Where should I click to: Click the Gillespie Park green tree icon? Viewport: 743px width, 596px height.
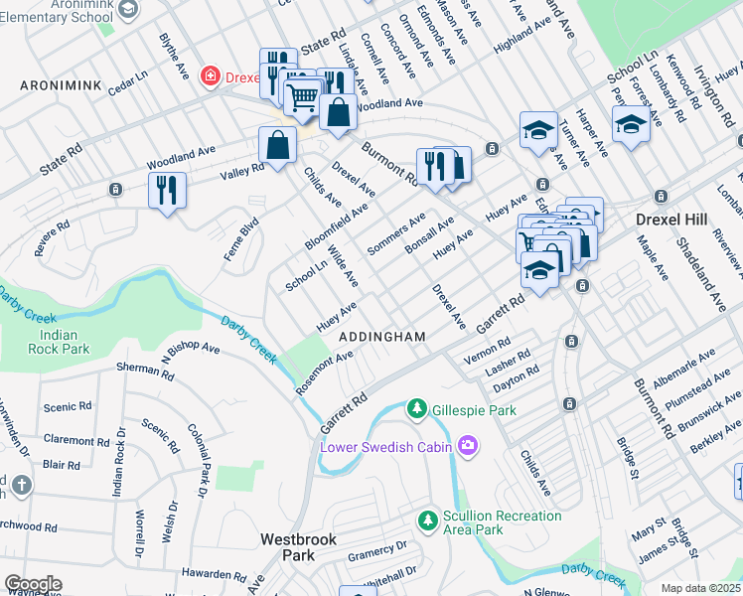(x=417, y=409)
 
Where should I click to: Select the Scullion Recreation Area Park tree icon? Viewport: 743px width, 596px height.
(x=427, y=521)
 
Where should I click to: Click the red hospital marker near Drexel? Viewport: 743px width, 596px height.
(x=210, y=75)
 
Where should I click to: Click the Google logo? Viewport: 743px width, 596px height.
(x=33, y=583)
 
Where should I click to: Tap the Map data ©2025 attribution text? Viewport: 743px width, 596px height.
(x=700, y=588)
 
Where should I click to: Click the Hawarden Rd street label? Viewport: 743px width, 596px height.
(x=214, y=575)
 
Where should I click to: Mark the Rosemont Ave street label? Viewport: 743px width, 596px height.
(x=324, y=372)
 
